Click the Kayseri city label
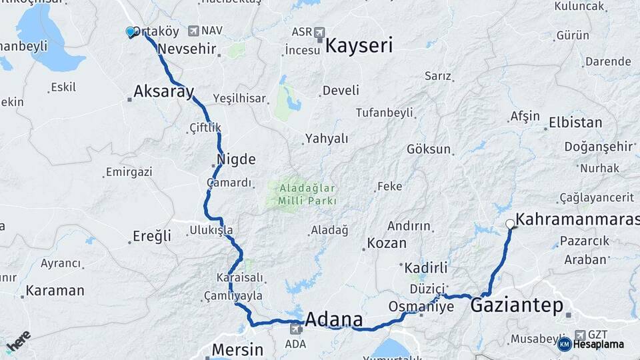click(359, 45)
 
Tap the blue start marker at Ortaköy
click(131, 31)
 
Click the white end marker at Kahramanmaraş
click(510, 224)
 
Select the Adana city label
click(333, 319)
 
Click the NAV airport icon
click(193, 31)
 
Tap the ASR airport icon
click(319, 31)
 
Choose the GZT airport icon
click(580, 334)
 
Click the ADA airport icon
click(295, 328)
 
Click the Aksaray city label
click(163, 91)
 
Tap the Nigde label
click(236, 160)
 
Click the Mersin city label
click(237, 349)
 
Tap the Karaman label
click(55, 291)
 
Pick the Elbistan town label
click(575, 123)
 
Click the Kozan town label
click(387, 243)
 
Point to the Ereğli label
click(152, 236)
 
